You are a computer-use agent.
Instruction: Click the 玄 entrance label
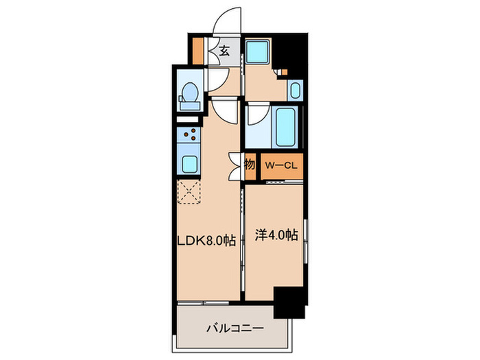pos(225,49)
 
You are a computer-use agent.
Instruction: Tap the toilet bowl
pos(189,94)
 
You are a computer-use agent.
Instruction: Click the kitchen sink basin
pos(189,164)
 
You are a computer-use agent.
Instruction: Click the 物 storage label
pos(250,165)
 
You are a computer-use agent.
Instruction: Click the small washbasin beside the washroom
pos(295,89)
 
